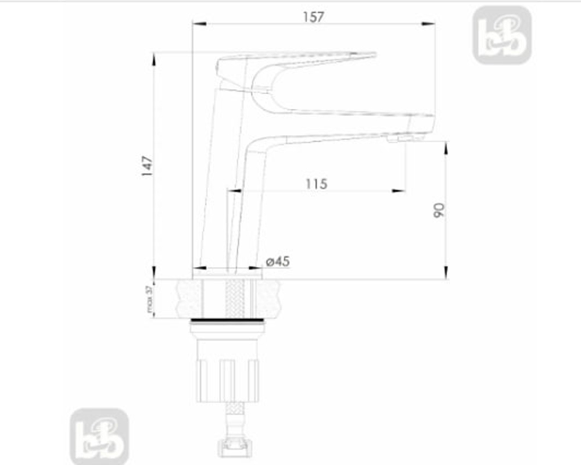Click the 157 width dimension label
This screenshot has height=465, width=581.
point(314,17)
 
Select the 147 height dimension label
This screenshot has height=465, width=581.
point(147,166)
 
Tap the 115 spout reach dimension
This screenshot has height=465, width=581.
point(317,184)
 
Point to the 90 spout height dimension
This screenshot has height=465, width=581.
point(439,210)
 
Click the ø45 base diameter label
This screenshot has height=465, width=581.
point(278,262)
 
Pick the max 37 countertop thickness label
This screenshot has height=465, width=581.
point(150,299)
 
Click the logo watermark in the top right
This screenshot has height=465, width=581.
point(502,35)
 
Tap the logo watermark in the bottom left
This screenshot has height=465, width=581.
point(99,437)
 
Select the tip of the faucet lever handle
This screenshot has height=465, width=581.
point(375,55)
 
